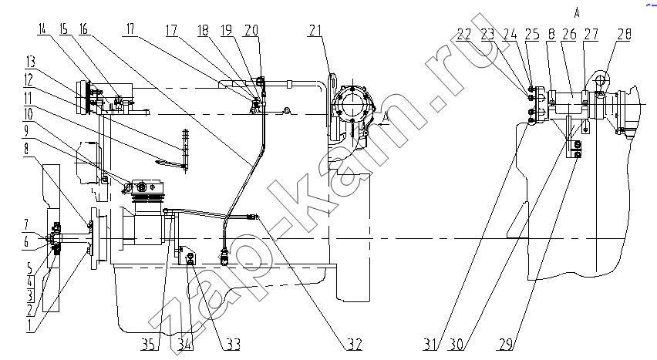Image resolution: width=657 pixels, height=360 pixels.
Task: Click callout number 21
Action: coord(315,31)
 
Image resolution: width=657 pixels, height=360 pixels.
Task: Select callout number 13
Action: coord(30,62)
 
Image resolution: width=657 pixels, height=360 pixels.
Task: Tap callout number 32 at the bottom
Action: coord(353,345)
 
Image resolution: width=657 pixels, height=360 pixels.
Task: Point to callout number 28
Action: coord(624,33)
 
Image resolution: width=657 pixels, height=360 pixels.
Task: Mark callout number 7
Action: coord(26,226)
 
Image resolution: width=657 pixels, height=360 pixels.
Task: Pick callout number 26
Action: coord(569,33)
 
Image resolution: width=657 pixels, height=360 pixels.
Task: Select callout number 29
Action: coord(506,345)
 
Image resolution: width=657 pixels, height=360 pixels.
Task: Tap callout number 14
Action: coord(42,30)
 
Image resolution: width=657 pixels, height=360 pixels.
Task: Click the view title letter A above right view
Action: coord(577,13)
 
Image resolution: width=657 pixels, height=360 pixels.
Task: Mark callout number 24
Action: coord(510,33)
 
